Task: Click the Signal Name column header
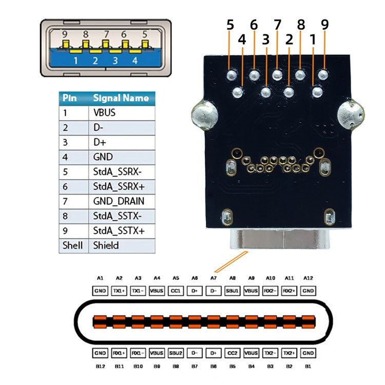tap(121, 98)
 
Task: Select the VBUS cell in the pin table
tap(105, 113)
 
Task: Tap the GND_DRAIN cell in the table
tap(119, 201)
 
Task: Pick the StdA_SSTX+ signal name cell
tap(119, 230)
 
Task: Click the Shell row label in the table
tap(72, 245)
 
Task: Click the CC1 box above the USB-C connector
tap(176, 291)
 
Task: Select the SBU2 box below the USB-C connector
tap(176, 353)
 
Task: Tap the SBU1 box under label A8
tap(233, 291)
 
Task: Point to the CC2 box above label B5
tap(233, 353)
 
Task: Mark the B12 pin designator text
tap(100, 367)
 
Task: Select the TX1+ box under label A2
tap(119, 291)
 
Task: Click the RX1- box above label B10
tap(138, 353)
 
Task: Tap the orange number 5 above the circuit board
tap(230, 24)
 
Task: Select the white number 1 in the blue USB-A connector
tap(75, 60)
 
